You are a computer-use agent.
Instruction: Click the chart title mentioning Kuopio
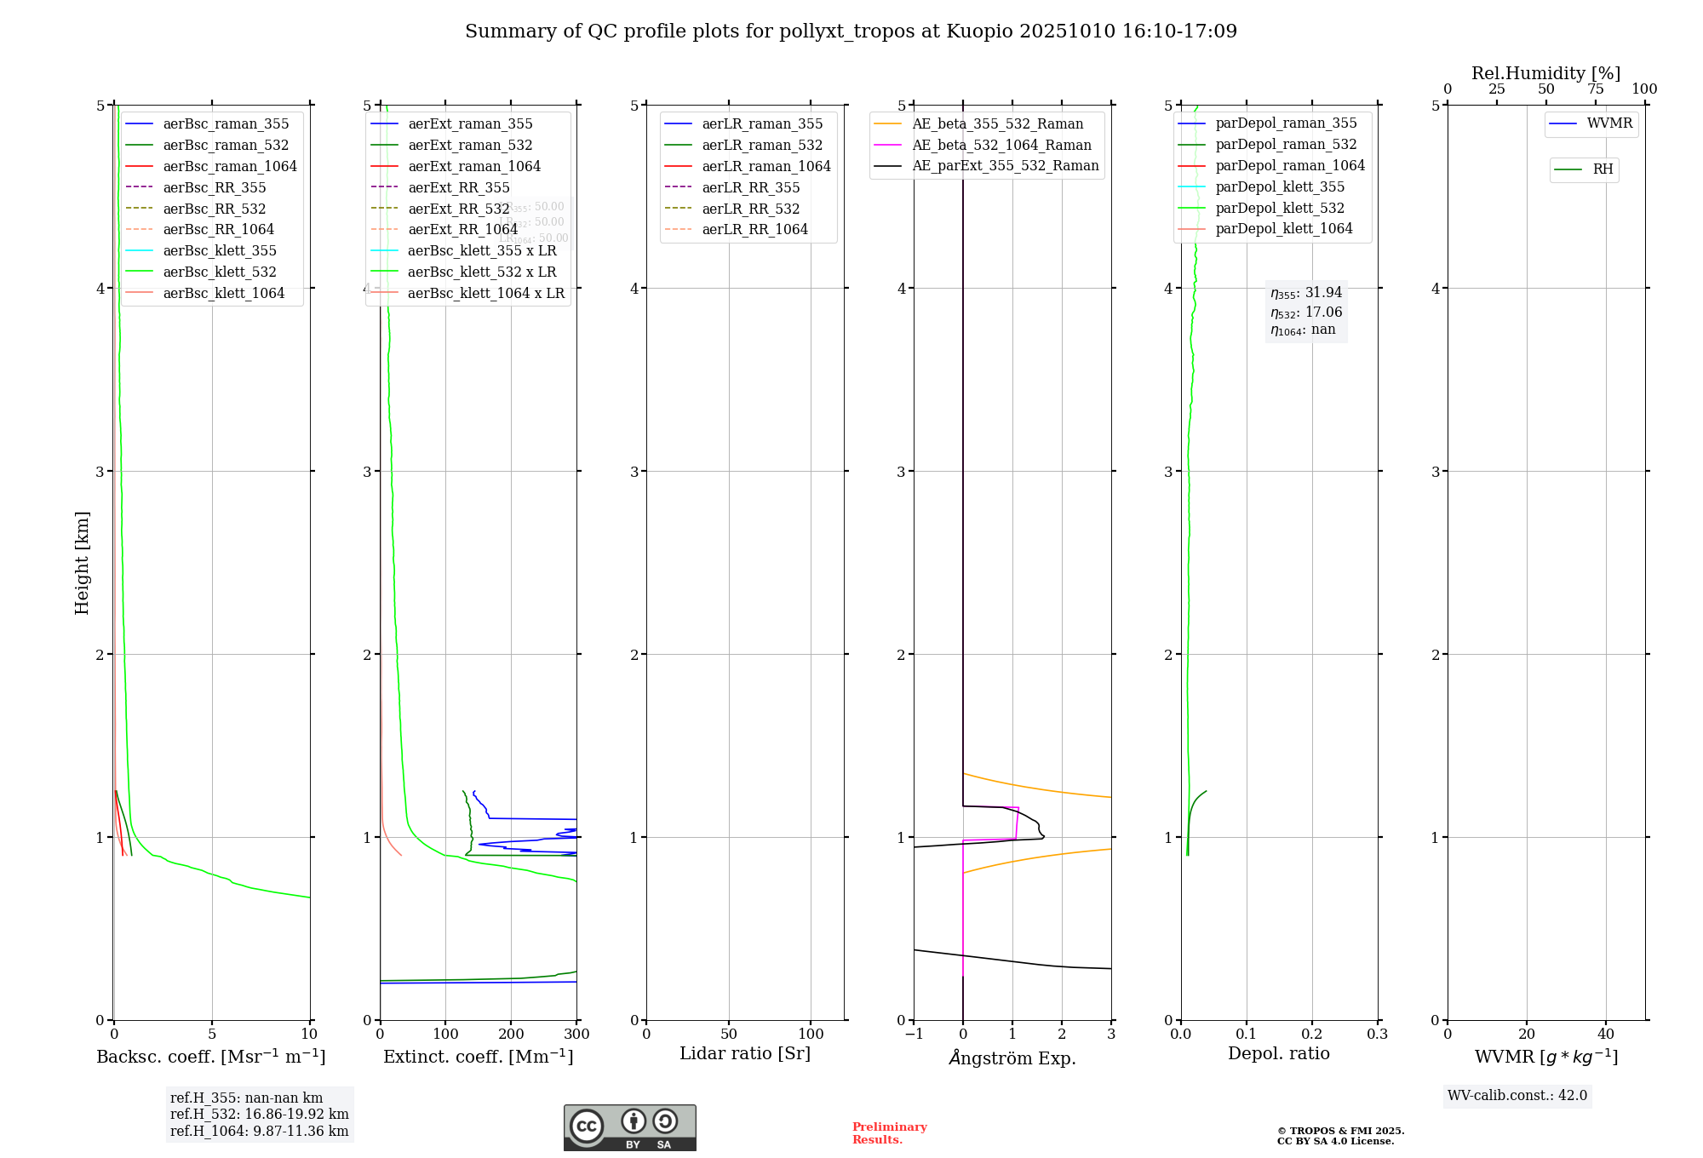851,32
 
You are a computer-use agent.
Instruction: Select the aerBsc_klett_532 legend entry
220,272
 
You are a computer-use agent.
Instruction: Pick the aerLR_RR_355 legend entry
750,187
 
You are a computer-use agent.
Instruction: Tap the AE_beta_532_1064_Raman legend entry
1001,145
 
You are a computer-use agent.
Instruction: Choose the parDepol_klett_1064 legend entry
1283,228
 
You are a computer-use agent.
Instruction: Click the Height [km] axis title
82,563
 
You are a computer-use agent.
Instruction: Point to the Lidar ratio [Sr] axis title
745,1053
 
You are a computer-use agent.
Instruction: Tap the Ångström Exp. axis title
1012,1058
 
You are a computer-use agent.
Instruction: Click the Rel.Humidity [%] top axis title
1545,73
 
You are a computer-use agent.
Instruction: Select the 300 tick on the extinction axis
577,1035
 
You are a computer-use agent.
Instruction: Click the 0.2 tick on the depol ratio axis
1312,1035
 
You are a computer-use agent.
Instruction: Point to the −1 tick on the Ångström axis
914,1035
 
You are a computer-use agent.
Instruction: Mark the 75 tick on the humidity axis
1596,89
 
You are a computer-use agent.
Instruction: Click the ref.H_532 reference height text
259,1114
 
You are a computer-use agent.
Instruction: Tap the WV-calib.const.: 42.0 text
1517,1095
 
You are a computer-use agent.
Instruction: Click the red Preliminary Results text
889,1132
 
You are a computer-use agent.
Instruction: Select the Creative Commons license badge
629,1127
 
